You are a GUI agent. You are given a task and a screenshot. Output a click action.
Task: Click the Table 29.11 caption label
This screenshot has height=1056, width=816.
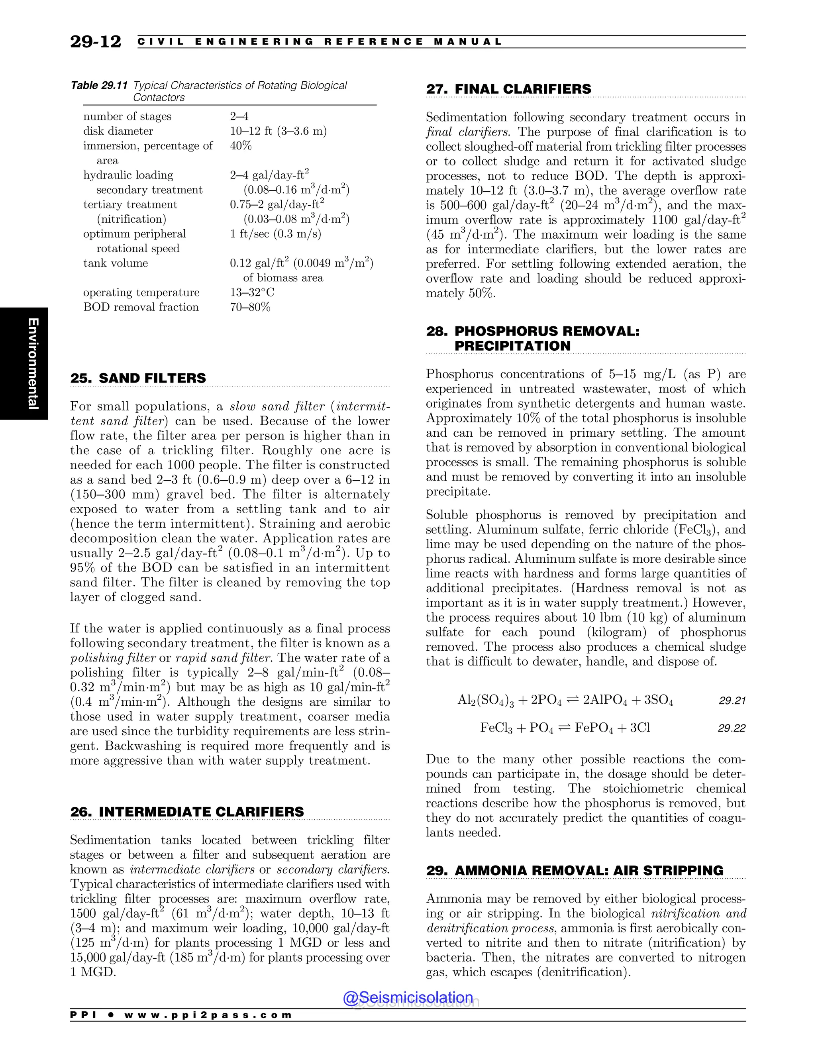99,86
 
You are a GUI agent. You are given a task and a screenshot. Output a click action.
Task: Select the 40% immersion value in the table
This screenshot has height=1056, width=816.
241,146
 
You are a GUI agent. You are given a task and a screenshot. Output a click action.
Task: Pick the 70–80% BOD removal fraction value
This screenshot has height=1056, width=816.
250,308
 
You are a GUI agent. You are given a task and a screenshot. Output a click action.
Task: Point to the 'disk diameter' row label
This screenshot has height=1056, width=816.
118,132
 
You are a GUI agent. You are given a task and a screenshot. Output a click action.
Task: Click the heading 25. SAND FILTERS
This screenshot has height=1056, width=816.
138,378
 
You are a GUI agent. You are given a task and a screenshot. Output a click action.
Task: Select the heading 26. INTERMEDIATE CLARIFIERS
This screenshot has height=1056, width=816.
187,812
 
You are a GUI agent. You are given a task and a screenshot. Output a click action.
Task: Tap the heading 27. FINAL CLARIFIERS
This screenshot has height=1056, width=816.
508,89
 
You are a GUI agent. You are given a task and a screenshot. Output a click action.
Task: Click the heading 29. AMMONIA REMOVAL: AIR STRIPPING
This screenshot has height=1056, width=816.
574,871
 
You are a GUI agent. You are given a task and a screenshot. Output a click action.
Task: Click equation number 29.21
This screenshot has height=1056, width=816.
732,701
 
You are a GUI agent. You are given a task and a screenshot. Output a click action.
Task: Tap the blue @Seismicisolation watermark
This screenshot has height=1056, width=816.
408,997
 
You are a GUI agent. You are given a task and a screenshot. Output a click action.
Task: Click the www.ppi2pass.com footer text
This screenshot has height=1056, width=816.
208,1015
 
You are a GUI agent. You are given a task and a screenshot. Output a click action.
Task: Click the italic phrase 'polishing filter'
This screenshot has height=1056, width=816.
113,658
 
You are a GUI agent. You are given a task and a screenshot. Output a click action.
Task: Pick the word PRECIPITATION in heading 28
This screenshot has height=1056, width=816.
512,346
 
